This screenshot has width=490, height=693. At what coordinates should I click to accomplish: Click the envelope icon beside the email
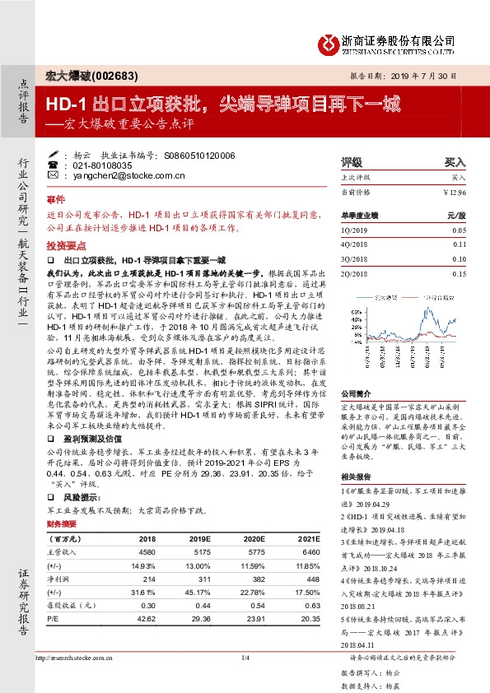54,175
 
